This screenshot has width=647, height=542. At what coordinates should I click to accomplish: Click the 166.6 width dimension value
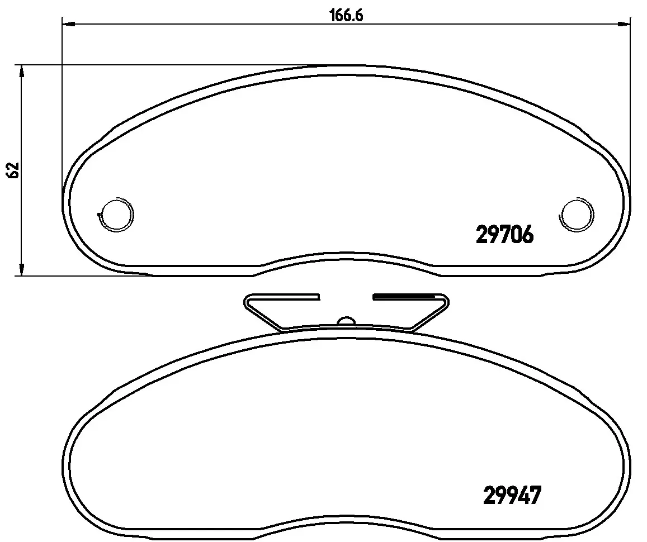click(346, 16)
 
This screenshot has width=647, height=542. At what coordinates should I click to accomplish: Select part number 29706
click(505, 235)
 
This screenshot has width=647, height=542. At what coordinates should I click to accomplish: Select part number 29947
click(512, 495)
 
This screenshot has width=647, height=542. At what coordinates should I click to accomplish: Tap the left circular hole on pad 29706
click(117, 213)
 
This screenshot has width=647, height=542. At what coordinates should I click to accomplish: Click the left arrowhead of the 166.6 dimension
click(68, 25)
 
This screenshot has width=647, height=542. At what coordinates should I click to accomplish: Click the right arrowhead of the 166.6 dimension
click(624, 25)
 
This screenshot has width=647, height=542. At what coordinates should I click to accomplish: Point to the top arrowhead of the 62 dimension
click(21, 72)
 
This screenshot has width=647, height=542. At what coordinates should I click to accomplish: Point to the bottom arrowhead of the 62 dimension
click(21, 269)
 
